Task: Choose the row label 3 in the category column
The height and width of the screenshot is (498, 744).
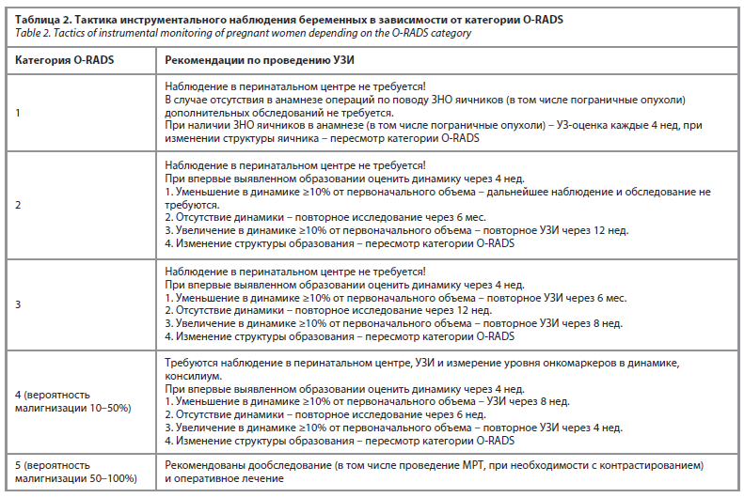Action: tap(18, 304)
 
